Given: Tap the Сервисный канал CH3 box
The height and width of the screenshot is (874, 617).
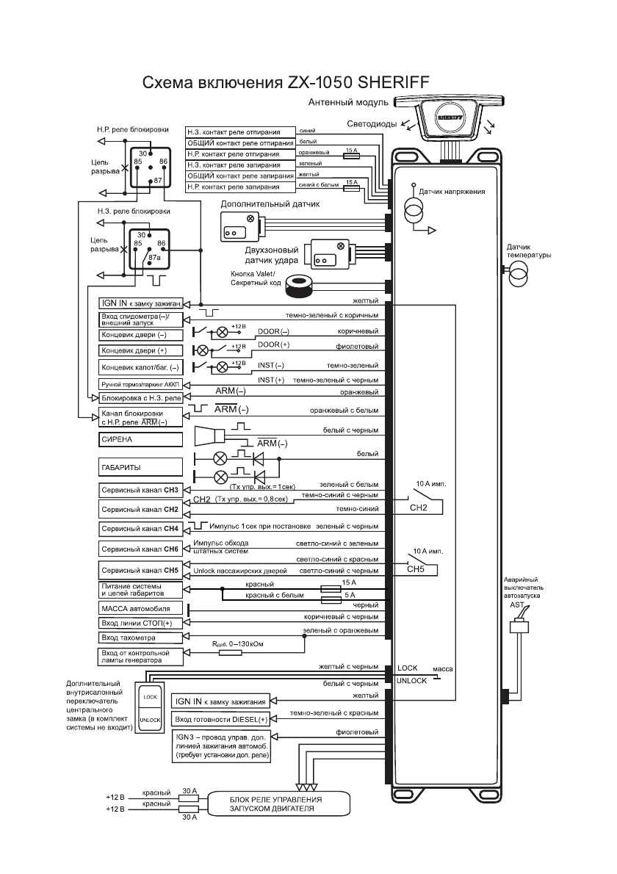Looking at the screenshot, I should tap(140, 490).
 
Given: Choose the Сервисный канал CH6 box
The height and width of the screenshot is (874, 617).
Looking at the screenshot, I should tap(140, 549).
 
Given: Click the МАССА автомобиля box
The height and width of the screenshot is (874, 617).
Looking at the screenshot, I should tap(140, 609).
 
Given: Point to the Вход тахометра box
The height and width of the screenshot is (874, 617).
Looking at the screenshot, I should tap(140, 638).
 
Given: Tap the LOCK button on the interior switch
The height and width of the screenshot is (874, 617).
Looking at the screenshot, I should tap(150, 696).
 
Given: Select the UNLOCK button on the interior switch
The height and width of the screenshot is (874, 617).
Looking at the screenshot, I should tap(150, 721).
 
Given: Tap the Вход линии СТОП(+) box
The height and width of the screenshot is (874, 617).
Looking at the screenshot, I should tap(140, 624).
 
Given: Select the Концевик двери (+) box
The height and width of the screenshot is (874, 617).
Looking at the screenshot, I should tap(140, 350).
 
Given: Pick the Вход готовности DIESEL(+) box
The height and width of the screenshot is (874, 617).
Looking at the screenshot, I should tap(221, 718).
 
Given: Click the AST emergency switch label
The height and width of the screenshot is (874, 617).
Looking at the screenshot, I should tap(516, 603).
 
